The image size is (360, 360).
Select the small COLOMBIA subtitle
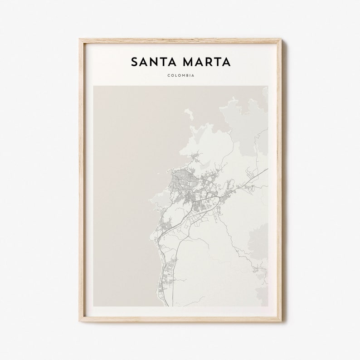coord(180,75)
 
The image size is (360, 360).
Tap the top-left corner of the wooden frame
coord(80,39)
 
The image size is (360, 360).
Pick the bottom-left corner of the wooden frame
coord(80,321)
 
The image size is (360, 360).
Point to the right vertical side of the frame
coord(280,181)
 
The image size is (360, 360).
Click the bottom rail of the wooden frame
coord(180,320)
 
